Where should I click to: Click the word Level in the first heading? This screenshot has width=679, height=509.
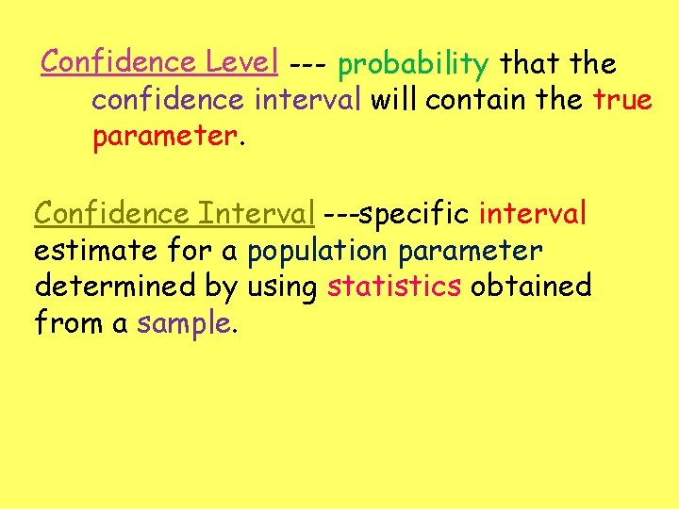(x=240, y=63)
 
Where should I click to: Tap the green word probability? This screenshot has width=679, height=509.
(x=413, y=64)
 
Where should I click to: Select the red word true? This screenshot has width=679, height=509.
(x=622, y=100)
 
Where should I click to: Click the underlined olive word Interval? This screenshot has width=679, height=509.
(x=256, y=214)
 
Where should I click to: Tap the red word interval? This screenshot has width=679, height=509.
(x=532, y=214)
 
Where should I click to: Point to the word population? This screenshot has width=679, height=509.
(x=317, y=252)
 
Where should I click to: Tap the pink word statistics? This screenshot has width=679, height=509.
(x=394, y=287)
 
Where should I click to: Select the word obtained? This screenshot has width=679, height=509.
(x=531, y=287)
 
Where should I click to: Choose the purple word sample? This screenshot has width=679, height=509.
(x=183, y=323)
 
